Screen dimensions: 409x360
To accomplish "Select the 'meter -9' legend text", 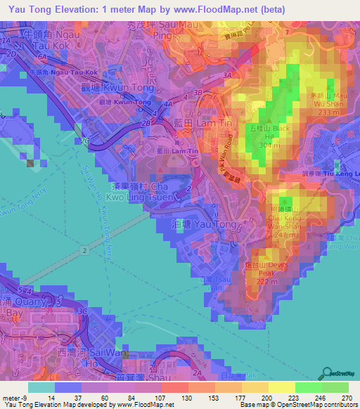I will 14,397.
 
